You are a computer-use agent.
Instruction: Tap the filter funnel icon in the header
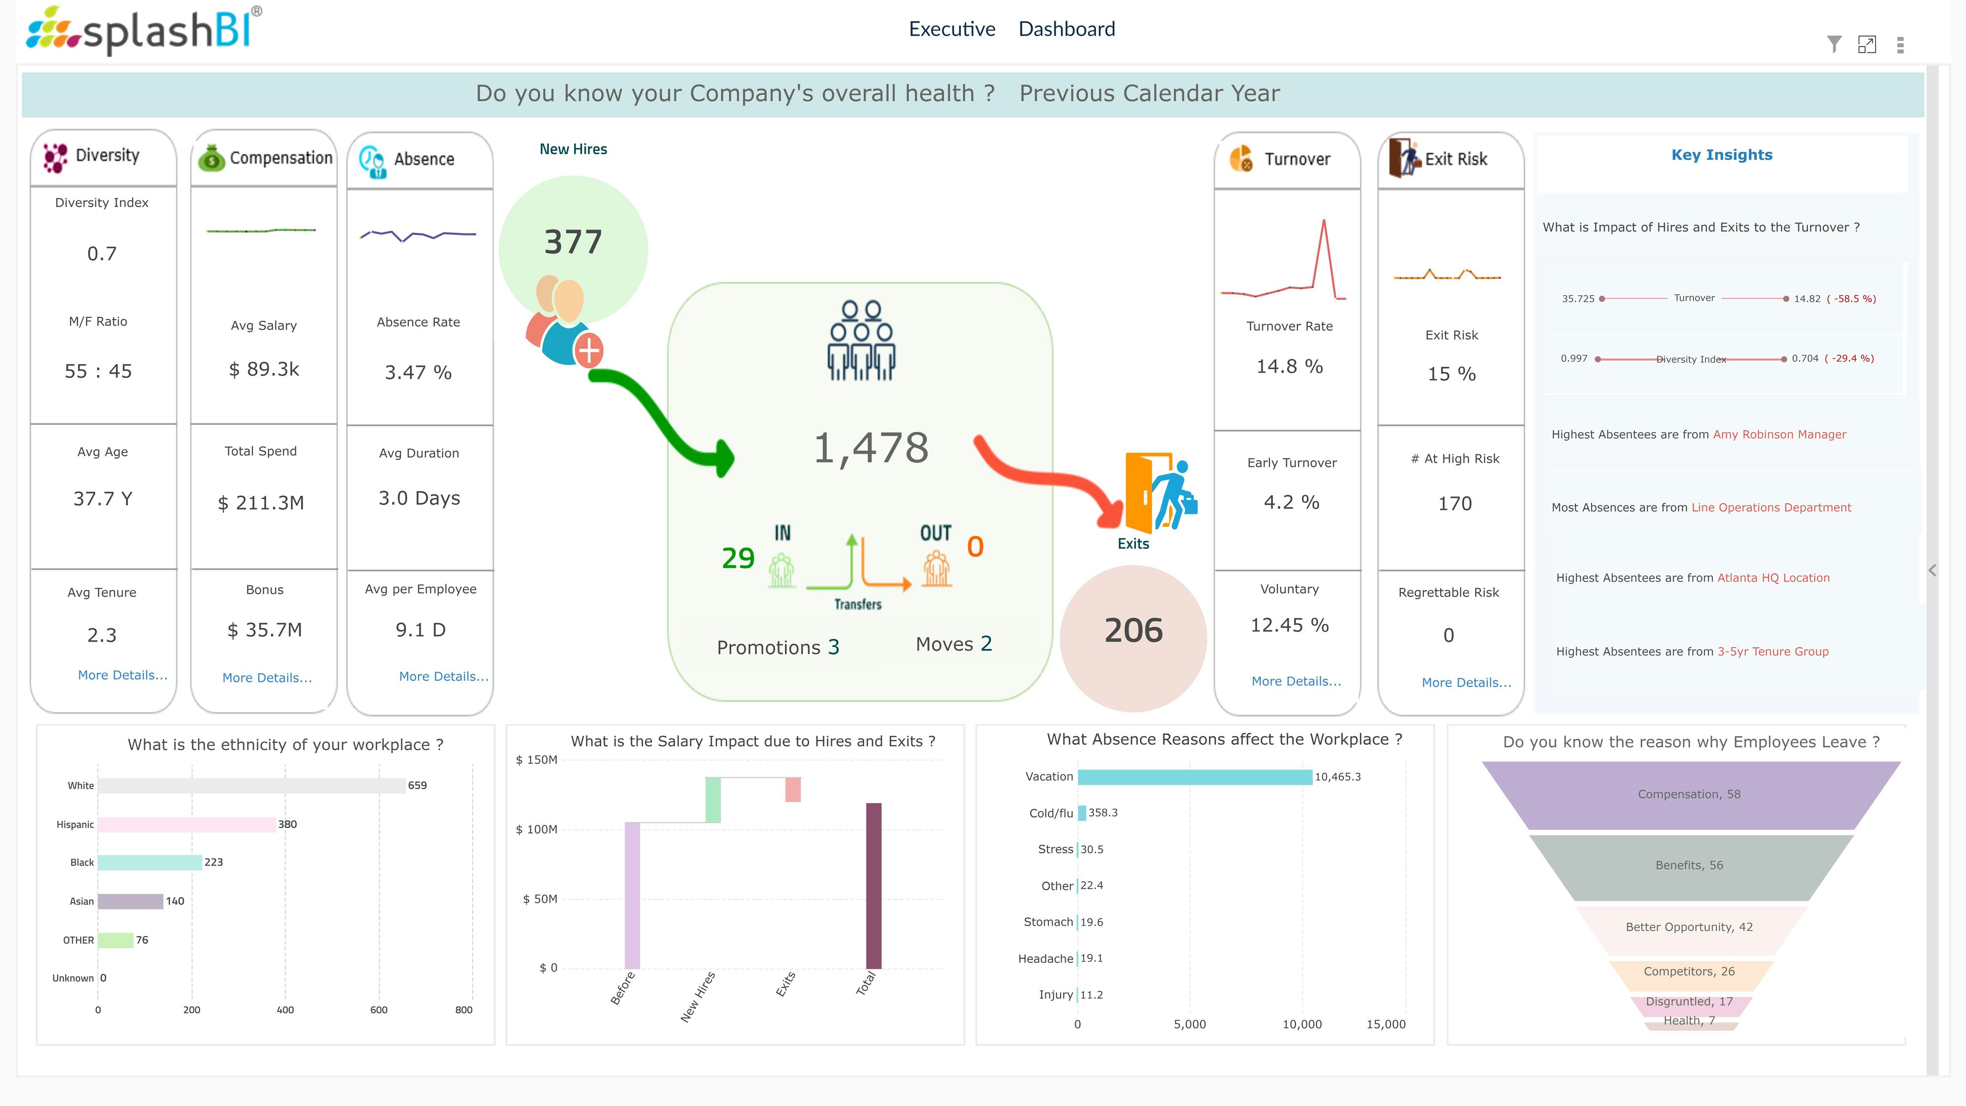[x=1833, y=44]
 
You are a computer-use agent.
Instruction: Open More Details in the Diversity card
[x=122, y=675]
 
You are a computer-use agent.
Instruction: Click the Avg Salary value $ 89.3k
[x=264, y=370]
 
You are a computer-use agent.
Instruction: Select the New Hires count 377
[x=573, y=242]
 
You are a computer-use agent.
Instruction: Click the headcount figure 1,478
[x=871, y=448]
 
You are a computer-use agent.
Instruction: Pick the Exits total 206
[x=1133, y=631]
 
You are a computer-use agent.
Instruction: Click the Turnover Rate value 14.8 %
[x=1289, y=366]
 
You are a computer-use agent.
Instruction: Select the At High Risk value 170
[x=1455, y=504]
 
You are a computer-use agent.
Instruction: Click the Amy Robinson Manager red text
[x=1779, y=435]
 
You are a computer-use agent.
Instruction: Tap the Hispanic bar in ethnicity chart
[x=186, y=824]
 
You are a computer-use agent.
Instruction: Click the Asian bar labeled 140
[x=130, y=902]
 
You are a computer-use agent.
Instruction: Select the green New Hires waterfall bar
[x=713, y=800]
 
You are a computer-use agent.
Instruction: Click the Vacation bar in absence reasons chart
[x=1194, y=777]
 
